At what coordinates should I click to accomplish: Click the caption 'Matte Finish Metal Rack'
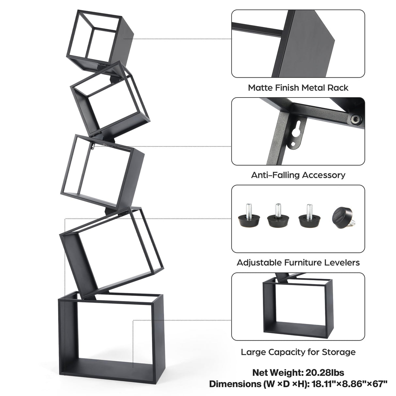(x=298, y=88)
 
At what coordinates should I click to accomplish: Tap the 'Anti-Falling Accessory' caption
(x=298, y=175)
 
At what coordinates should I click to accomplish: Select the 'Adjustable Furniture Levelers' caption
(x=298, y=263)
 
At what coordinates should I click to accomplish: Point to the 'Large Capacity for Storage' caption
(x=298, y=352)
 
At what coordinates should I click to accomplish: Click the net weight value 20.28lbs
(x=322, y=373)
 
